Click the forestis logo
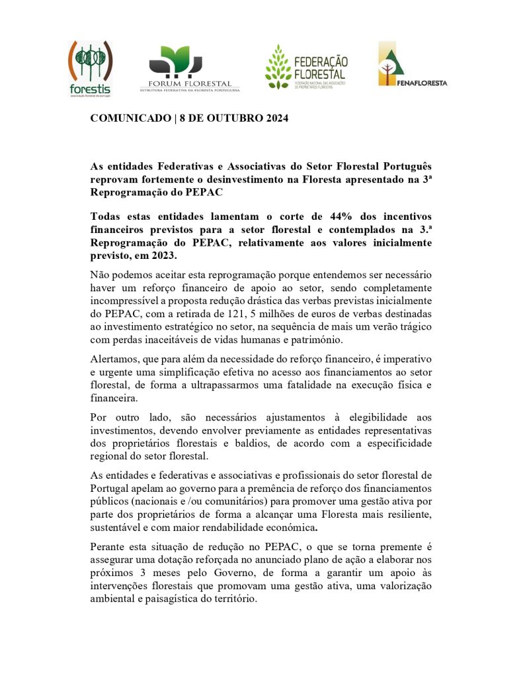point(91,68)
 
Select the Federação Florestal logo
point(305,67)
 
